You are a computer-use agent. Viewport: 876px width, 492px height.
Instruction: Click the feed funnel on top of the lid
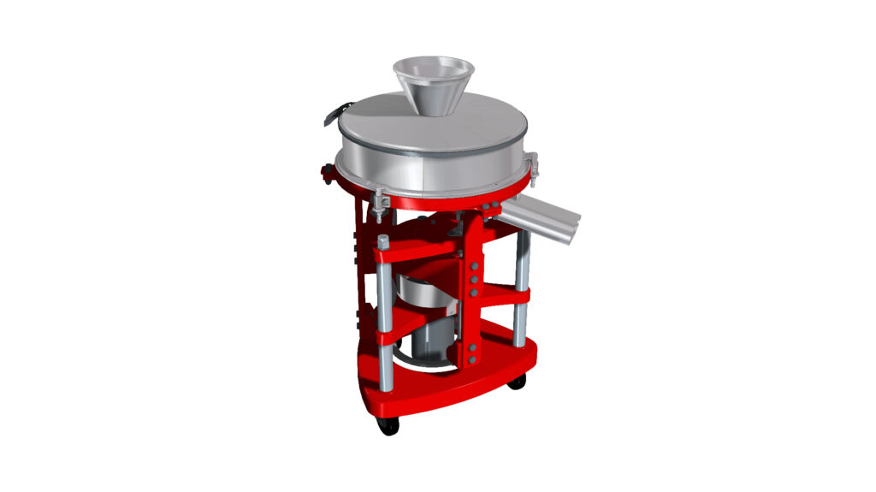[432, 86]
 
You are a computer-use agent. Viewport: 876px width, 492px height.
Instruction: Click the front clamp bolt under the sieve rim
[378, 204]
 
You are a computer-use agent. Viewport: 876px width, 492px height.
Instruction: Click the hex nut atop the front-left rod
[383, 240]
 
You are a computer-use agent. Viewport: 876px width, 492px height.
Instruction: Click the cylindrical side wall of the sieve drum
[428, 171]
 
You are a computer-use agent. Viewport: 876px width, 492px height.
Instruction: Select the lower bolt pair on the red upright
[473, 353]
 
